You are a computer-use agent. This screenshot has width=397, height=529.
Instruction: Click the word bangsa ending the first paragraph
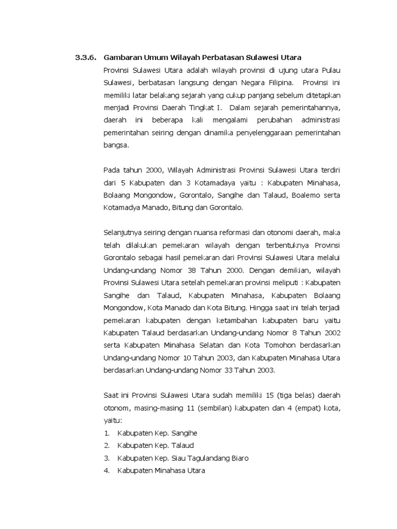pos(115,146)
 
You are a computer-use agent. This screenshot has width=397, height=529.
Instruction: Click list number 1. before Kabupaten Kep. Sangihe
pos(106,433)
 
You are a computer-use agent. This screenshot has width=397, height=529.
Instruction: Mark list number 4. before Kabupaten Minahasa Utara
pos(106,471)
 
